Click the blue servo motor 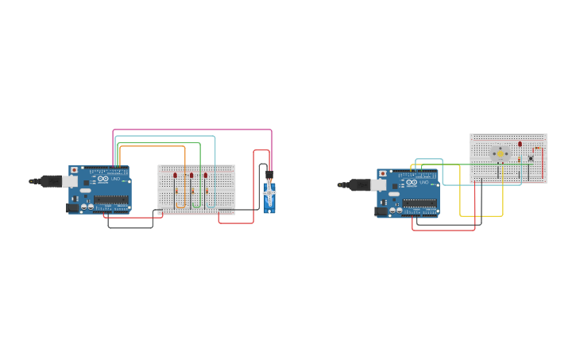(x=270, y=198)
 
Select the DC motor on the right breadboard (x=500, y=153)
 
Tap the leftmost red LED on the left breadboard (x=176, y=175)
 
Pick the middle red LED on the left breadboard (x=191, y=175)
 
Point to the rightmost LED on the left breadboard (x=205, y=175)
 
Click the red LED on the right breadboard (x=520, y=145)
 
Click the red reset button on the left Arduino (x=74, y=170)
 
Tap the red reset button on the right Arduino (x=382, y=173)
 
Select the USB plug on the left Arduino (x=48, y=180)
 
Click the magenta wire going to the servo (x=191, y=130)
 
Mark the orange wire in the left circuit (x=151, y=146)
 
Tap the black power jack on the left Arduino (x=72, y=207)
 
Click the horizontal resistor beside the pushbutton (x=537, y=149)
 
